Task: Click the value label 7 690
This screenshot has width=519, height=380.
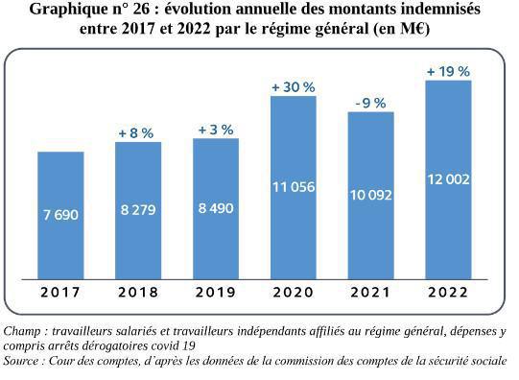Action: point(74,215)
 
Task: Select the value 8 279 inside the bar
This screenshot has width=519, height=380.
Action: point(152,209)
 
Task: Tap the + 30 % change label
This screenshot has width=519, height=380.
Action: point(293,86)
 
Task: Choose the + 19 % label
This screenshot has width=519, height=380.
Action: point(448,71)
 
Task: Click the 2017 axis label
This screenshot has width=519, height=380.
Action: point(60,292)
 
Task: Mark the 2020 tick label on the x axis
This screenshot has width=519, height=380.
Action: point(293,292)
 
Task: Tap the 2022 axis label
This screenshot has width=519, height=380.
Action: point(448,292)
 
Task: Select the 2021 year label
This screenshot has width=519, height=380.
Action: point(370,292)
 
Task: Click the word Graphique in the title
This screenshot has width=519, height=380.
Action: point(70,11)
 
